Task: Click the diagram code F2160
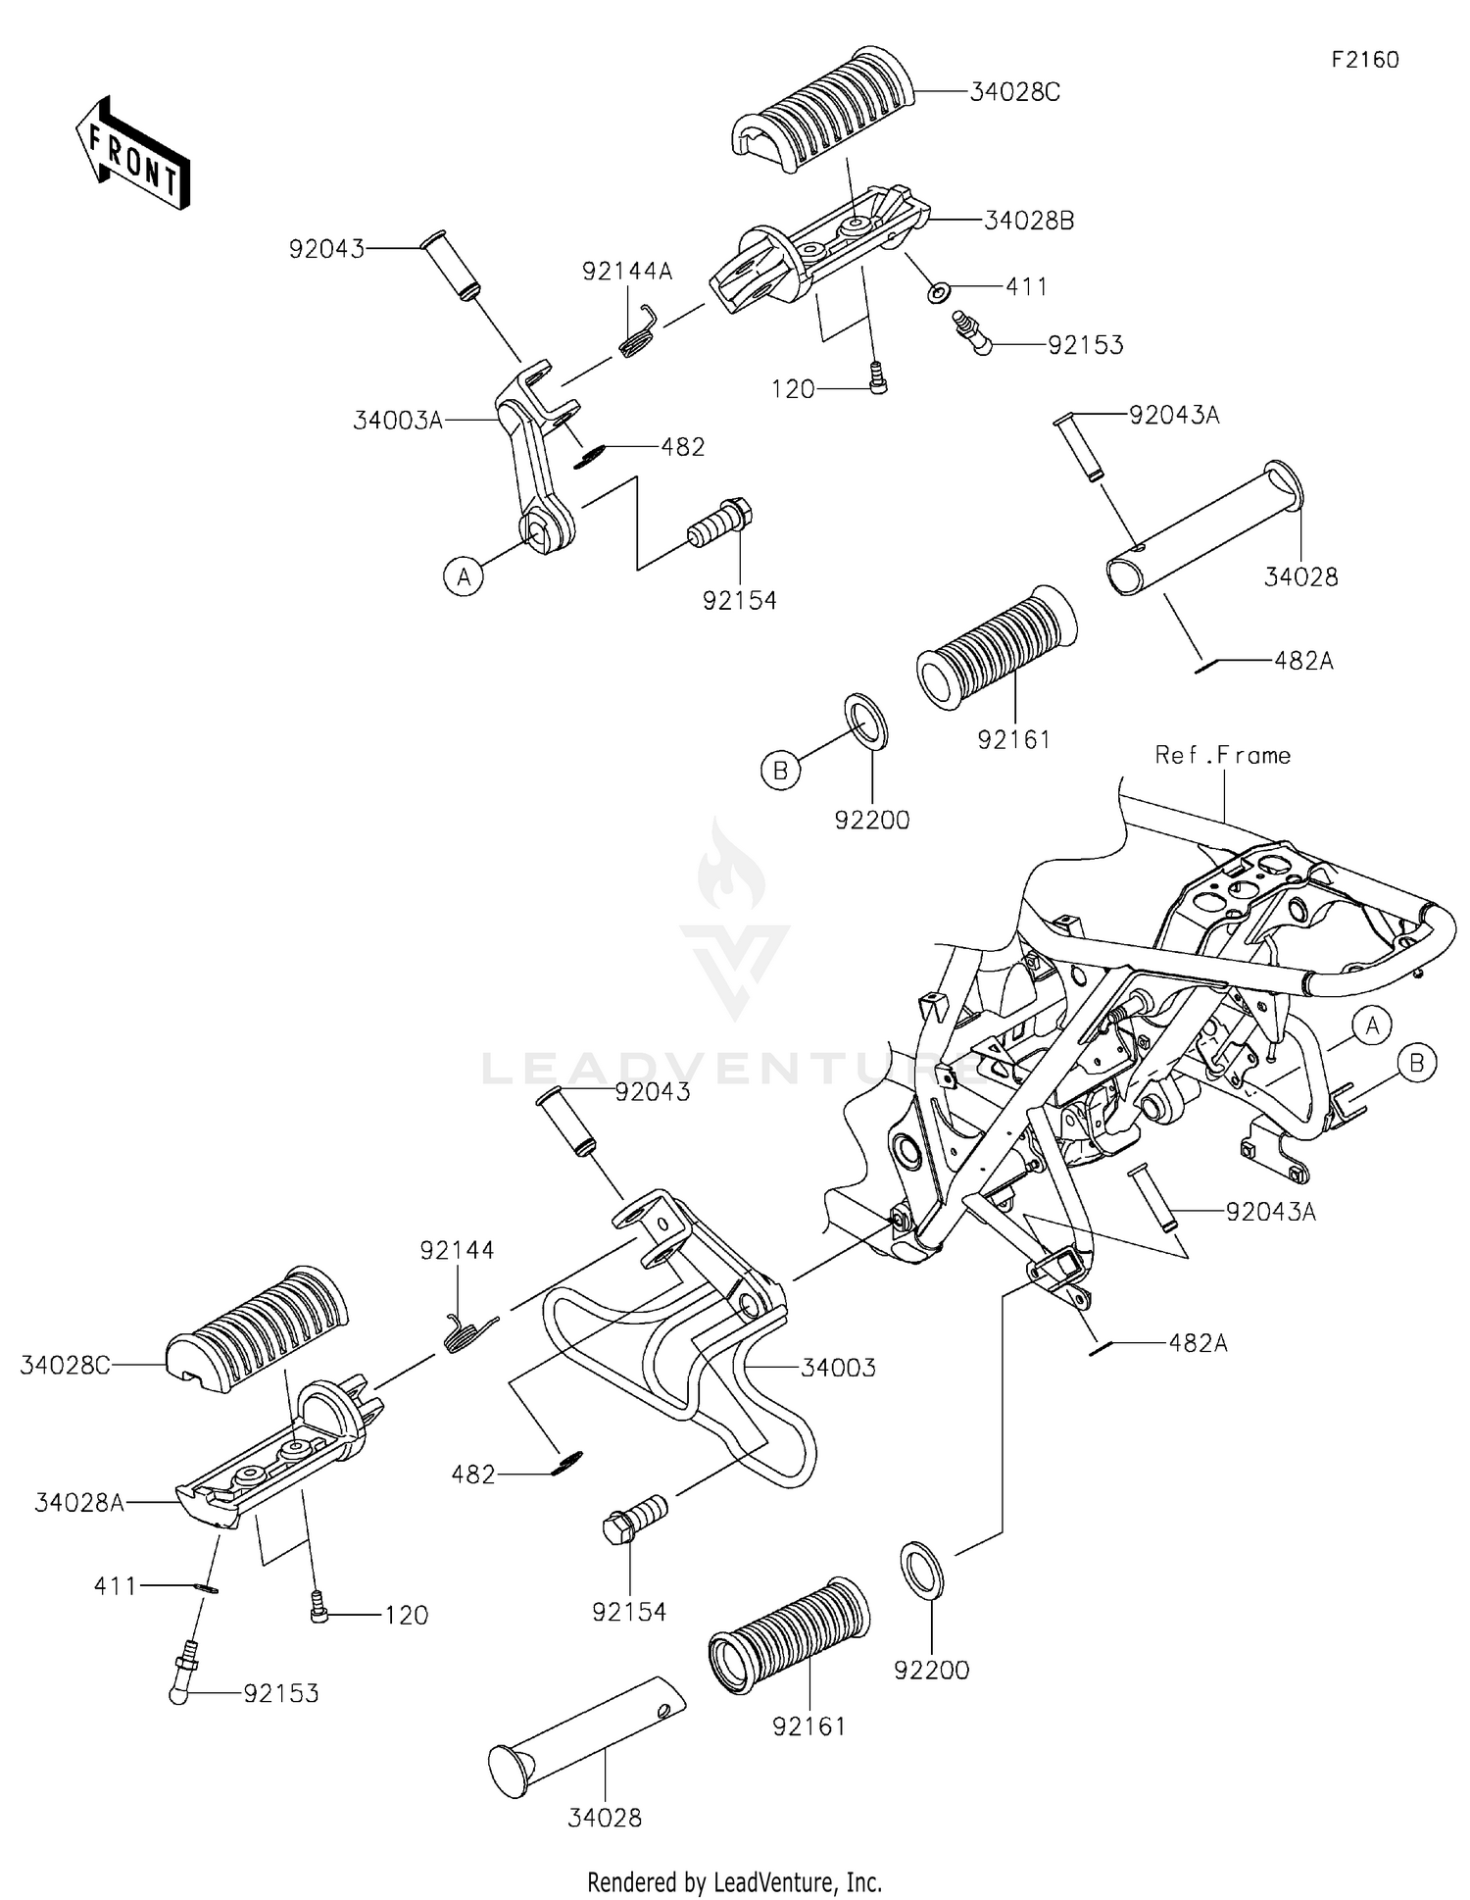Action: [1365, 60]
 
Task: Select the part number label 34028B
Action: [1029, 222]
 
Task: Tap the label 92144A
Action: [627, 271]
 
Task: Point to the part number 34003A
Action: [399, 421]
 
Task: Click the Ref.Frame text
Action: [1223, 755]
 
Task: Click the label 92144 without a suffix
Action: [458, 1250]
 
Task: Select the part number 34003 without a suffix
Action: [839, 1368]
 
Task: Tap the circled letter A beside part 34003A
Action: [464, 575]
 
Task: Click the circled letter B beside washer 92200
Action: [780, 772]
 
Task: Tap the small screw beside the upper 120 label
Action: [878, 377]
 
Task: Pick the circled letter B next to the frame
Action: [1417, 1062]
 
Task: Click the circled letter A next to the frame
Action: [1372, 1026]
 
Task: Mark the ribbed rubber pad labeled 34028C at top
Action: [824, 116]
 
